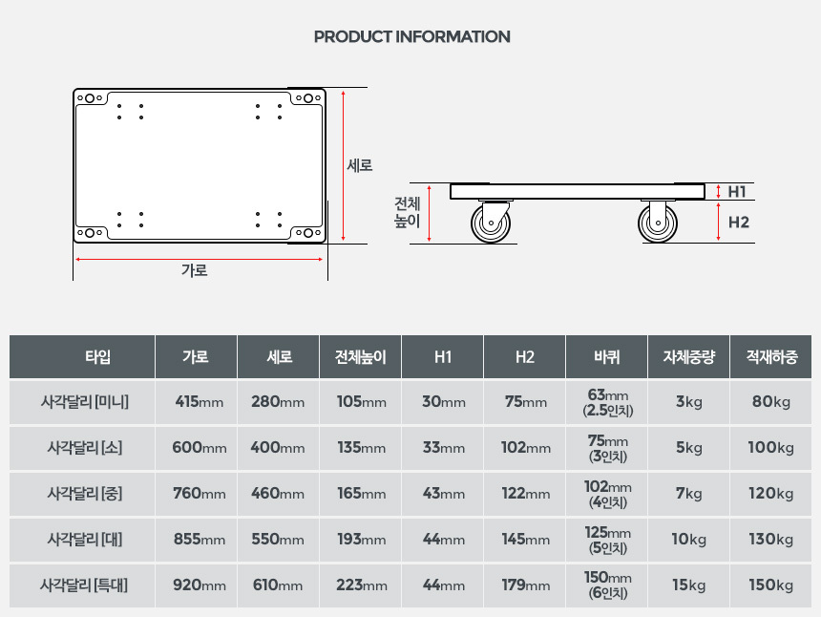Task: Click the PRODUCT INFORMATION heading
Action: [411, 36]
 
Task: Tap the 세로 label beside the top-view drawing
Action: [360, 165]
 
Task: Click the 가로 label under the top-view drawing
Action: [194, 270]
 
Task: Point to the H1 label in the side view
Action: [737, 192]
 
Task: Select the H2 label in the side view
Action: [738, 223]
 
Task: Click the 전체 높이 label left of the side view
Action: [407, 212]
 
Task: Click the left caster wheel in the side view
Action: [491, 223]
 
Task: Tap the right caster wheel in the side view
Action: [658, 223]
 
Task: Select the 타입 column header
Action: [98, 357]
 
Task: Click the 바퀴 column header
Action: [607, 357]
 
